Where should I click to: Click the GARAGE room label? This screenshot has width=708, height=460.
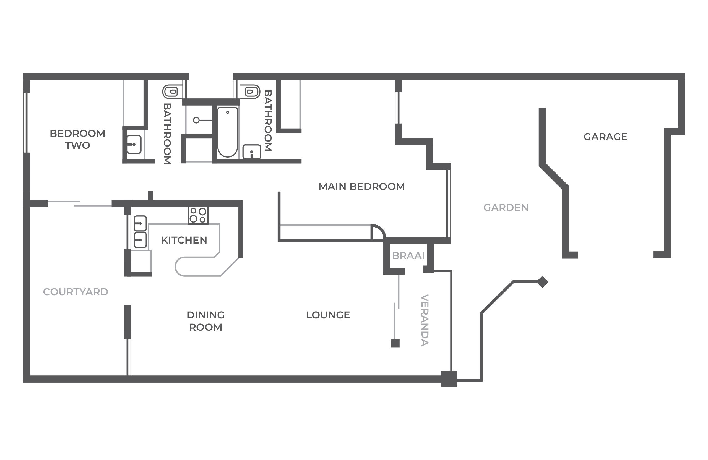[x=605, y=137]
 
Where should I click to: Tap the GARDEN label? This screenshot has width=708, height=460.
[x=506, y=208]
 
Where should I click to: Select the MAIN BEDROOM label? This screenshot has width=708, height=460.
[x=361, y=187]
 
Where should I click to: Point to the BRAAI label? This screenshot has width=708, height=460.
[x=408, y=256]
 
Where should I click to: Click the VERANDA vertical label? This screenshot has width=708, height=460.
[x=425, y=320]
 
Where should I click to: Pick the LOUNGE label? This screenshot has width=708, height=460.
[x=328, y=315]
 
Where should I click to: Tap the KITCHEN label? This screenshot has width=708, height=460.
[x=184, y=240]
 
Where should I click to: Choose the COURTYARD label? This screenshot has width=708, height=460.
[x=76, y=292]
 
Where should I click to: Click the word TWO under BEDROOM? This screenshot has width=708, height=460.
[x=77, y=145]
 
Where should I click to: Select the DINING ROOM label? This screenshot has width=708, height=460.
[x=205, y=321]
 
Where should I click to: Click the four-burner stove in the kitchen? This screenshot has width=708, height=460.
[x=198, y=215]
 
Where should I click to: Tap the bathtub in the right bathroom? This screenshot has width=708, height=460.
[x=228, y=132]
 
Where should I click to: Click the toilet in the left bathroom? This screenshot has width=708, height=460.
[x=172, y=92]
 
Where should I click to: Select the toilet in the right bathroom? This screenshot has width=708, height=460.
[x=250, y=92]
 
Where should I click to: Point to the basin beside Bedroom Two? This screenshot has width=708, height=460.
[x=134, y=145]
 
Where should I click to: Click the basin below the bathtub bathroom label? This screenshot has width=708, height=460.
[x=252, y=152]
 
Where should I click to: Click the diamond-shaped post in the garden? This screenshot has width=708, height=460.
[x=542, y=282]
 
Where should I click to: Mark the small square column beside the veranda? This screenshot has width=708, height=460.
[x=395, y=343]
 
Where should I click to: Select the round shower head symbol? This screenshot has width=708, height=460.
[x=196, y=120]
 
